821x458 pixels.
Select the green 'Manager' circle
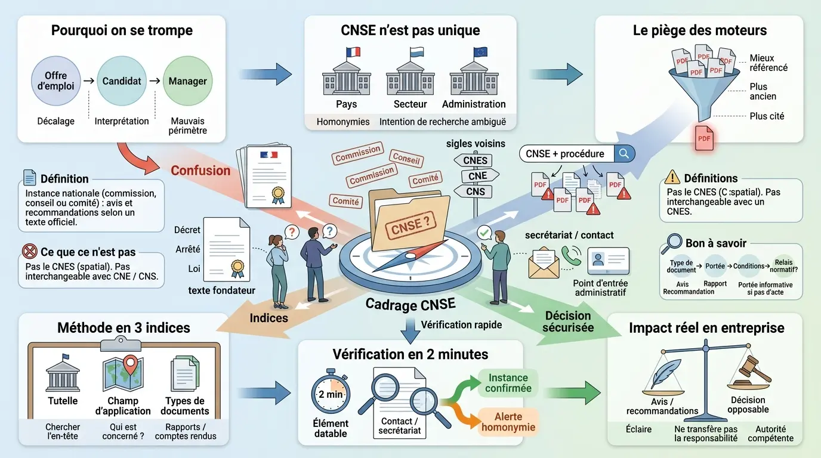click(x=187, y=81)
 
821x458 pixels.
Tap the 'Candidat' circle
click(x=121, y=81)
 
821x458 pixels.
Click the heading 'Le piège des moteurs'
click(x=700, y=30)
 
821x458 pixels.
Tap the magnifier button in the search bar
click(x=624, y=154)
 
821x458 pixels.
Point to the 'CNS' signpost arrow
click(x=475, y=191)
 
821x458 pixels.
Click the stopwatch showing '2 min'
click(x=330, y=394)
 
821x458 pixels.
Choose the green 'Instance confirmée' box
click(x=508, y=383)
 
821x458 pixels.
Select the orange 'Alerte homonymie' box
click(x=508, y=422)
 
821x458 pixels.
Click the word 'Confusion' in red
click(x=200, y=171)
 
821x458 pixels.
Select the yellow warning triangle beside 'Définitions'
click(x=672, y=177)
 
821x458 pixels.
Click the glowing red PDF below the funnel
click(x=704, y=138)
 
